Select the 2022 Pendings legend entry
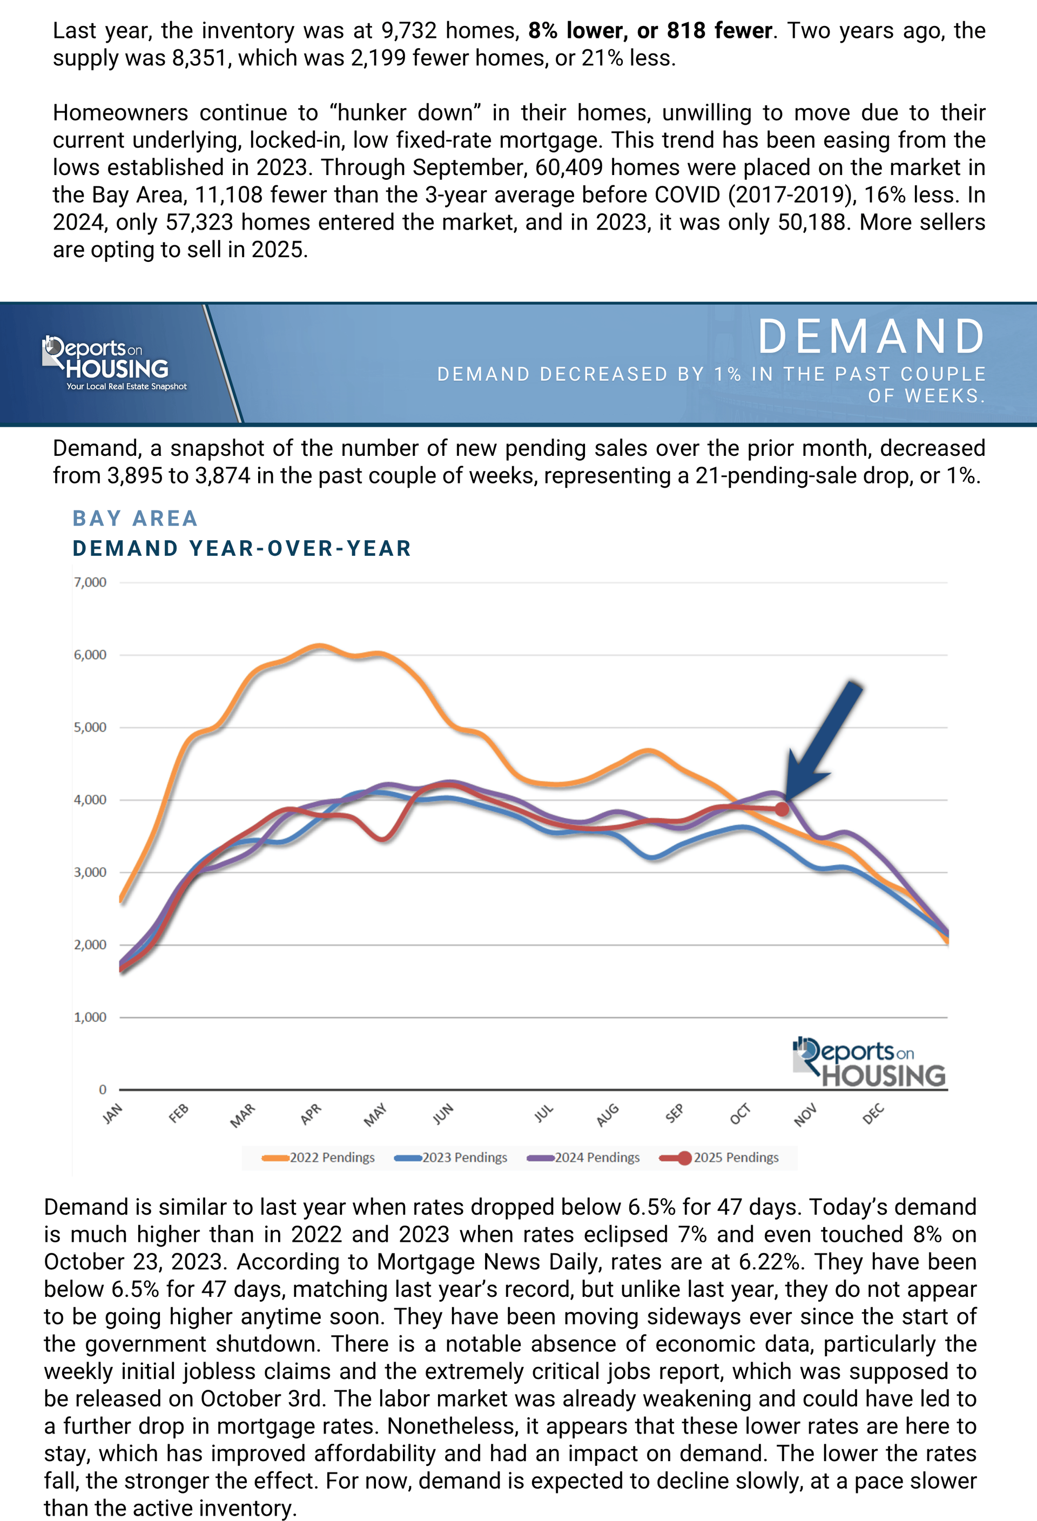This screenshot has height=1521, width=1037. click(319, 1157)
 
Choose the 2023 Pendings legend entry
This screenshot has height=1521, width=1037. click(451, 1157)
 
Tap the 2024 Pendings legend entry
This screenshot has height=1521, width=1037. click(584, 1157)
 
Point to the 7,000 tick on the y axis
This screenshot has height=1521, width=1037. click(90, 582)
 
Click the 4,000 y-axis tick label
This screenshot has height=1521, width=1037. click(90, 800)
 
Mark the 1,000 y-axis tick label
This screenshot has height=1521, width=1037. click(90, 1017)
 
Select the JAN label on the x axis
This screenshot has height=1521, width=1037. click(112, 1113)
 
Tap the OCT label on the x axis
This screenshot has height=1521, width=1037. click(740, 1113)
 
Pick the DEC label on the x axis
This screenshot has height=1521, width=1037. click(873, 1113)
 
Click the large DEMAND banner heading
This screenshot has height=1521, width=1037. click(872, 336)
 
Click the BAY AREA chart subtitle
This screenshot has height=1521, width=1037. click(136, 519)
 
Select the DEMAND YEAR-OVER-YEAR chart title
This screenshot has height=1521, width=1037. click(242, 548)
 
